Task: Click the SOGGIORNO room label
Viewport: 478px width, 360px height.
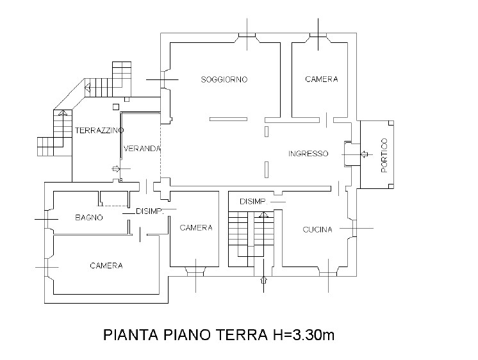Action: click(224, 79)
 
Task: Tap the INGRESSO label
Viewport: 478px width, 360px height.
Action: click(308, 153)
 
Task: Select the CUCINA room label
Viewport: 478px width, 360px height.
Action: click(317, 229)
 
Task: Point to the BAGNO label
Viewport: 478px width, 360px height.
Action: click(89, 217)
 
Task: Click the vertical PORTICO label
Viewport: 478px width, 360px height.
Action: click(384, 156)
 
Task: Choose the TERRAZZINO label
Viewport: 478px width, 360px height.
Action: click(99, 131)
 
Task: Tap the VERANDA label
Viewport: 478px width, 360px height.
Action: click(142, 149)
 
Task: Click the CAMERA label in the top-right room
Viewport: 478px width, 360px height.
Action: click(322, 79)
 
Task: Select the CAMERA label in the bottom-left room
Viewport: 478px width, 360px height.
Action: click(106, 266)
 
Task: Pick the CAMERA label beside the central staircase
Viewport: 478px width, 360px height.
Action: click(196, 227)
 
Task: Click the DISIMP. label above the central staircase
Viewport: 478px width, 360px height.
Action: click(254, 202)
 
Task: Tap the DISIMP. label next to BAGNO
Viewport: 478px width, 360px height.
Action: click(150, 211)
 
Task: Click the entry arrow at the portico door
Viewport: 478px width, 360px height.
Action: click(365, 154)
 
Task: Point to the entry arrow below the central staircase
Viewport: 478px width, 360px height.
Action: click(264, 280)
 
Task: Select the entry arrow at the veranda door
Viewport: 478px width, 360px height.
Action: click(116, 168)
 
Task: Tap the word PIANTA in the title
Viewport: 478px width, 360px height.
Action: click(131, 335)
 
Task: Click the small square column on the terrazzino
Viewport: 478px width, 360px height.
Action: click(116, 107)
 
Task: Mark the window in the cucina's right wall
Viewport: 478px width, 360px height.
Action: click(354, 228)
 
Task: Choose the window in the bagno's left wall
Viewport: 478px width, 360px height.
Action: click(47, 219)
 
